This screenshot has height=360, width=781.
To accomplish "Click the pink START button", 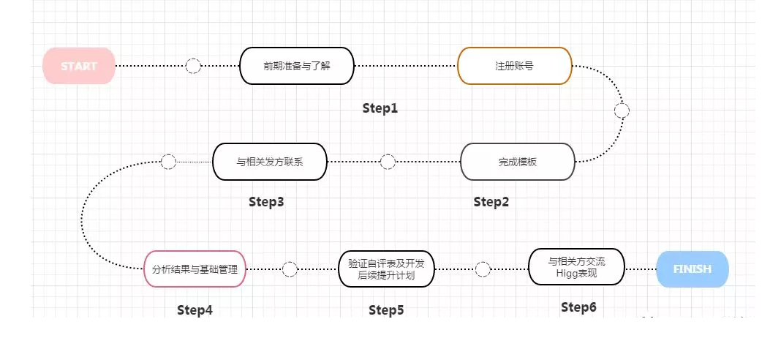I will [x=79, y=66].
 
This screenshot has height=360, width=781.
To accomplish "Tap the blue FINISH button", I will [x=693, y=269].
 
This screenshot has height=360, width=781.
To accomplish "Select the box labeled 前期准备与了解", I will [x=297, y=66].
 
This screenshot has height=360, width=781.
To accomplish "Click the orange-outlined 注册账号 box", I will [x=514, y=66].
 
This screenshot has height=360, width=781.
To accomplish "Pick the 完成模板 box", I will [x=518, y=161].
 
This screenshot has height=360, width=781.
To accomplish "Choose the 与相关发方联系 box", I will [x=269, y=161].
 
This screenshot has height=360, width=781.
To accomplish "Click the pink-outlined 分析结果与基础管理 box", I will [x=195, y=269].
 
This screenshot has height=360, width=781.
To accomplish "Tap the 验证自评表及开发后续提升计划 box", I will [x=386, y=269].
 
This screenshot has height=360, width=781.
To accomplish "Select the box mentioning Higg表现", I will [x=576, y=267].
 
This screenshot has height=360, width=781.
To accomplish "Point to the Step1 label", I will [x=380, y=108].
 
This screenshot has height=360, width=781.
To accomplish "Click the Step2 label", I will [x=491, y=201].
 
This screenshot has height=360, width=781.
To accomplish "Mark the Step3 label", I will [x=266, y=201].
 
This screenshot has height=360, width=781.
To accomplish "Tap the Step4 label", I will [x=195, y=310].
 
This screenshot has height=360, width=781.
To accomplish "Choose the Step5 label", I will [x=386, y=310].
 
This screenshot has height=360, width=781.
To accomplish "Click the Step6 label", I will [x=578, y=307].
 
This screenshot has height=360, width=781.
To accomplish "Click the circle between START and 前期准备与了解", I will [x=193, y=66].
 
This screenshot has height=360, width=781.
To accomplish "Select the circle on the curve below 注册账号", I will [x=622, y=111].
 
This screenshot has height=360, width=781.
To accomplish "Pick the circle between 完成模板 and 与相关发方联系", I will [x=388, y=161].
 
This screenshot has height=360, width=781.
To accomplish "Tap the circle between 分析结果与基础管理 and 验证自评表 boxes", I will [x=290, y=269].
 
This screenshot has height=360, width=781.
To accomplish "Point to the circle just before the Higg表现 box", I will [x=483, y=269].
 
